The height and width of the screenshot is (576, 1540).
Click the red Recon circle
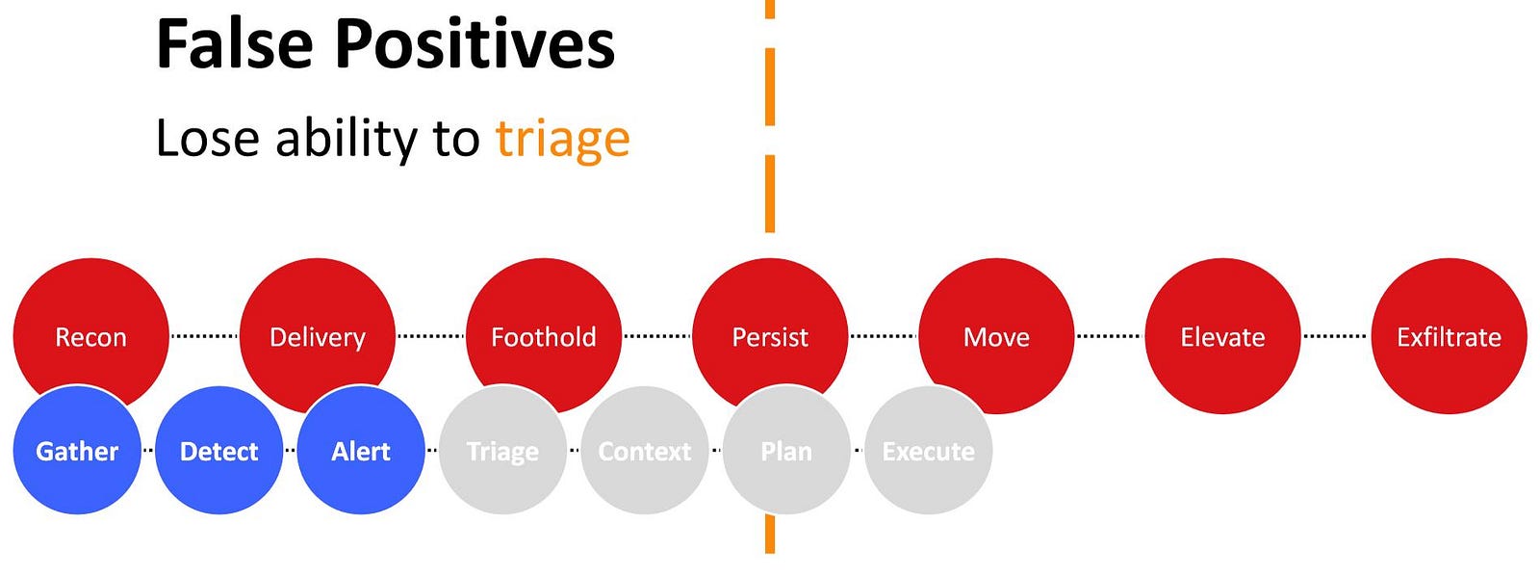point(90,324)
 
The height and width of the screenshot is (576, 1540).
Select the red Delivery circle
point(318,324)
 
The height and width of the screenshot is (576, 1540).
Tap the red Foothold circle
point(544,324)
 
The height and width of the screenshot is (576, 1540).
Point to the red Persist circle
point(770,324)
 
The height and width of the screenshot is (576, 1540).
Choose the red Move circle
point(997,336)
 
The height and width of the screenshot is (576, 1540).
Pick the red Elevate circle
point(1223,336)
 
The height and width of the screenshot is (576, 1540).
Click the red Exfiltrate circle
point(1450,336)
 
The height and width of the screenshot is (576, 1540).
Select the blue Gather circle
point(77,450)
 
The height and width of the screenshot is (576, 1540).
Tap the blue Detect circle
point(219,450)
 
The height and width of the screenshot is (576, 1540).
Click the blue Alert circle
point(361,450)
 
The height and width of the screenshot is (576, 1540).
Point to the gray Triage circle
point(503,450)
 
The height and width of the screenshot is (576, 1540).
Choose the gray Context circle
point(645,450)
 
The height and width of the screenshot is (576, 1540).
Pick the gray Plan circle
point(786,450)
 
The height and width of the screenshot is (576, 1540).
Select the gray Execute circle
point(929,450)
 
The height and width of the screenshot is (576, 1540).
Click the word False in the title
point(235,44)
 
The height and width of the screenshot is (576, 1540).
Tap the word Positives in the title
point(475,44)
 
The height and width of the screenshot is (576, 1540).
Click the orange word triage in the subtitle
point(562,139)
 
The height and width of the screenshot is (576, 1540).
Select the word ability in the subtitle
point(346,139)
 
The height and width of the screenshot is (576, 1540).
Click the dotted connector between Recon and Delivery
point(204,336)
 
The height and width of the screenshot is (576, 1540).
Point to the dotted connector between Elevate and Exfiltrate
point(1336,336)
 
